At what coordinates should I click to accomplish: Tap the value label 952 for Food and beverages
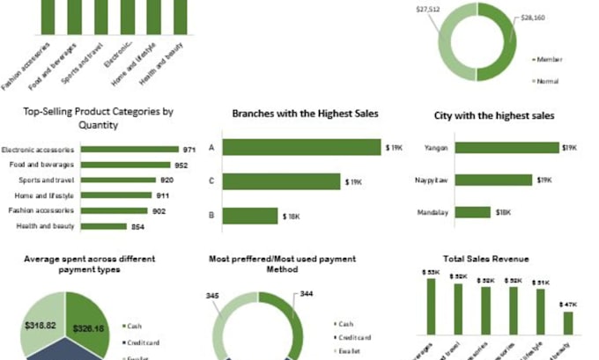tap(182, 165)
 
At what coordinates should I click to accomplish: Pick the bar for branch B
tap(250, 216)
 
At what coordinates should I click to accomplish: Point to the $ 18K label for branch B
tap(292, 216)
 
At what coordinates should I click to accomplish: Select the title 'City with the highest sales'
tap(494, 115)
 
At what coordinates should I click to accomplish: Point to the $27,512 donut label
tap(429, 9)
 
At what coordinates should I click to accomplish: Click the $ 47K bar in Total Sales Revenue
tap(568, 322)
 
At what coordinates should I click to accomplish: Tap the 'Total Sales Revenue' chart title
tap(487, 259)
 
